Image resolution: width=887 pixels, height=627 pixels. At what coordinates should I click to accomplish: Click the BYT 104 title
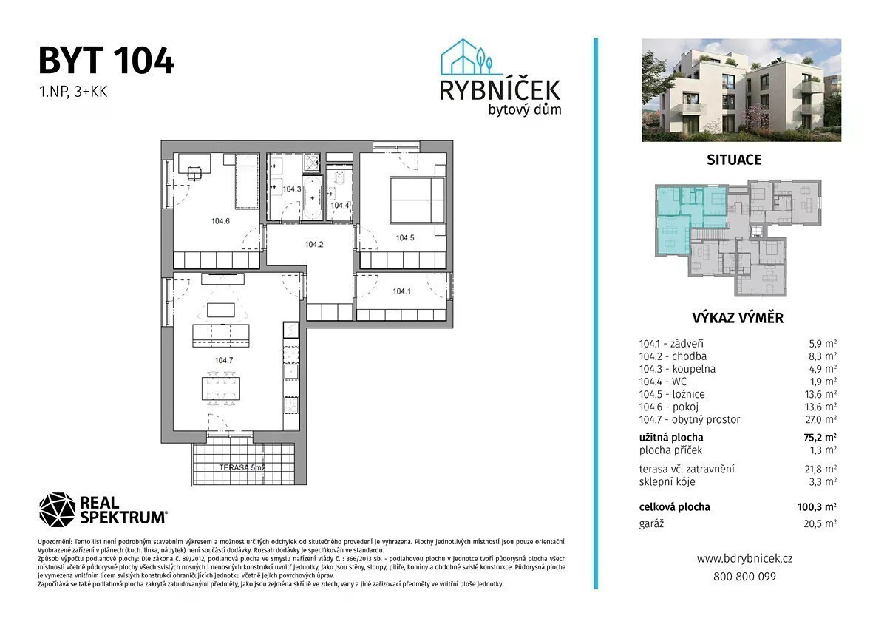[x=106, y=61]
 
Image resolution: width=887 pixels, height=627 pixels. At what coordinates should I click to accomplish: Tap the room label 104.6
[x=220, y=221]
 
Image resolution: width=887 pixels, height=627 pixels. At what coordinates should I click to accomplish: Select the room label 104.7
[x=224, y=360]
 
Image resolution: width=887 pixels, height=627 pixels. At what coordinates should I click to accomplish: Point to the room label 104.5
[x=405, y=237]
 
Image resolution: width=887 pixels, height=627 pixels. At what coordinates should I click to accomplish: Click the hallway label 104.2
[x=314, y=245]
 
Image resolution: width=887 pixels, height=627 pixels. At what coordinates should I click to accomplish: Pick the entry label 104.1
[x=401, y=291]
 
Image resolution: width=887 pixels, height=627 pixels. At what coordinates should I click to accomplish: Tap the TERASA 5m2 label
[x=242, y=467]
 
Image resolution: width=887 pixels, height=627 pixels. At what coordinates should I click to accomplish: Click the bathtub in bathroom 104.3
[x=313, y=197]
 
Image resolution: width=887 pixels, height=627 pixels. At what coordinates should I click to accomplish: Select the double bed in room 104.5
[x=417, y=200]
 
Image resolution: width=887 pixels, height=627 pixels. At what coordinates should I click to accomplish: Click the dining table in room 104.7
[x=220, y=389]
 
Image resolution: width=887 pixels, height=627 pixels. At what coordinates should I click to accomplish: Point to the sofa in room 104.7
[x=220, y=336]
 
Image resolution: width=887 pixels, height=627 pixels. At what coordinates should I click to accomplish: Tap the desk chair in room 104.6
[x=194, y=174]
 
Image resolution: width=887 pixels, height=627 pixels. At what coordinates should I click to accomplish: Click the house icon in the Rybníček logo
[x=467, y=58]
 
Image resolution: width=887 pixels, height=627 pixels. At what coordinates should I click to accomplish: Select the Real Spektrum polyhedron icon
[x=57, y=509]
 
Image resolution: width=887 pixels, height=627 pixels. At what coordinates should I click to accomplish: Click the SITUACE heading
[x=734, y=160]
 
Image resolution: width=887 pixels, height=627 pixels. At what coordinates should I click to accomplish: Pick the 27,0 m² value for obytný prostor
[x=822, y=419]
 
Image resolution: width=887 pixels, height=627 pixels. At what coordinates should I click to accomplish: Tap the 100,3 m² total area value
[x=817, y=506]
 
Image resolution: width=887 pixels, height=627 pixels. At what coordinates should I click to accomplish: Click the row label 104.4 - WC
[x=663, y=382]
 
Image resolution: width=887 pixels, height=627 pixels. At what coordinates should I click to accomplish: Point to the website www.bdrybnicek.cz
[x=745, y=558]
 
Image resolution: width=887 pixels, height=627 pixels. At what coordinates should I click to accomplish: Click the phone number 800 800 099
[x=745, y=576]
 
